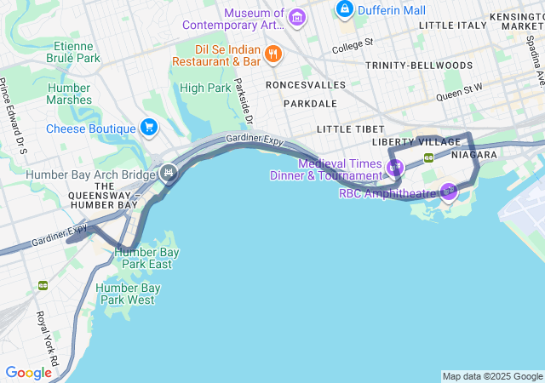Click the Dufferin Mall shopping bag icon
345,9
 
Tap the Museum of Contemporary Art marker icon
297,16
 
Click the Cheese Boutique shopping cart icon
149,129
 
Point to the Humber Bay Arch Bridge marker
169,174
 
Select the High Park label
205,88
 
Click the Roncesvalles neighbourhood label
305,85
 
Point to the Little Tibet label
346,129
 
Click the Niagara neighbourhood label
475,155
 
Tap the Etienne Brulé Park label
77,52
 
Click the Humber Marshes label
70,94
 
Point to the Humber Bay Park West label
128,294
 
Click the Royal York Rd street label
46,339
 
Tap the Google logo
29,373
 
